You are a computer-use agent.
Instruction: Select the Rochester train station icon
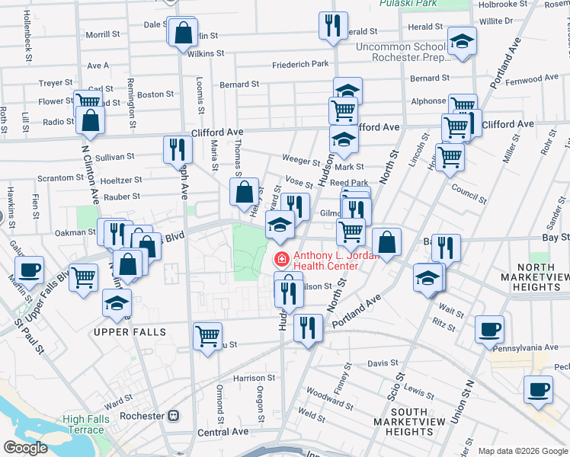click(x=174, y=416)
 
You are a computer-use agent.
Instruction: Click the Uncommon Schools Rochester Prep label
click(x=402, y=53)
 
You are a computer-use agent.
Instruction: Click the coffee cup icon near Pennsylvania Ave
click(x=489, y=328)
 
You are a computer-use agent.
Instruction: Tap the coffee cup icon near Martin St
click(x=30, y=269)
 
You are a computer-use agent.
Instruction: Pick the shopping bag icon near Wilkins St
click(x=183, y=34)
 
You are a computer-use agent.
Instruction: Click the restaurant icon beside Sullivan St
click(x=175, y=149)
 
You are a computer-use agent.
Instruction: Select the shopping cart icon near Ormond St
click(x=207, y=335)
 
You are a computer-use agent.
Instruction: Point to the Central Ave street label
click(x=223, y=431)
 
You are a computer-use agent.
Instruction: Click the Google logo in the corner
click(x=25, y=448)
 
